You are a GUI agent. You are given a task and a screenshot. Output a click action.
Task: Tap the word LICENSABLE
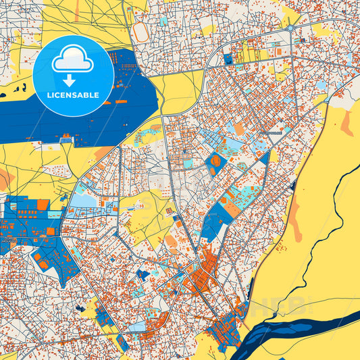click(x=73, y=95)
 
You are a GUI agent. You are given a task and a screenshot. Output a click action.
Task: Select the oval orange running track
click(x=140, y=32)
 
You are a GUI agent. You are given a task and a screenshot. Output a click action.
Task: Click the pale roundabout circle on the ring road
click(x=290, y=29)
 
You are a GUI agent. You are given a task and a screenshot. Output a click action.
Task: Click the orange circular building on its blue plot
click(x=215, y=161)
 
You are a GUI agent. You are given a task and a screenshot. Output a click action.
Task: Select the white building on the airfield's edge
click(x=67, y=138)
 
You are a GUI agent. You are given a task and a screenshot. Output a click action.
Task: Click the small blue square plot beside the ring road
click(x=227, y=59)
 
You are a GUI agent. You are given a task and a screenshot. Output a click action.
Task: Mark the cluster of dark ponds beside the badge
click(x=17, y=88)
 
